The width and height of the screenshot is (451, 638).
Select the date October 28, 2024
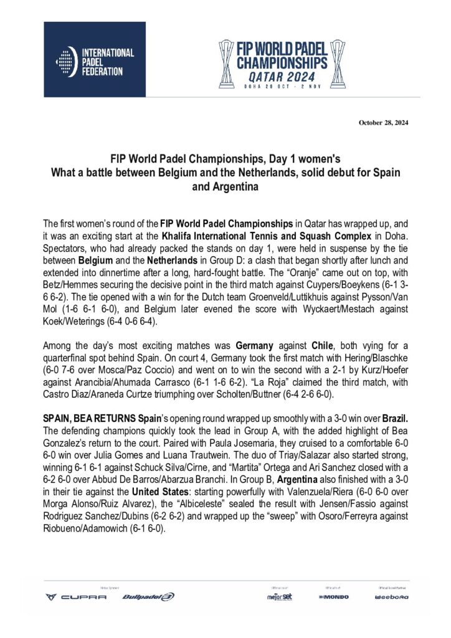(x=384, y=122)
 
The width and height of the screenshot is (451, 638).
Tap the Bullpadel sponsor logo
(x=148, y=597)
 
